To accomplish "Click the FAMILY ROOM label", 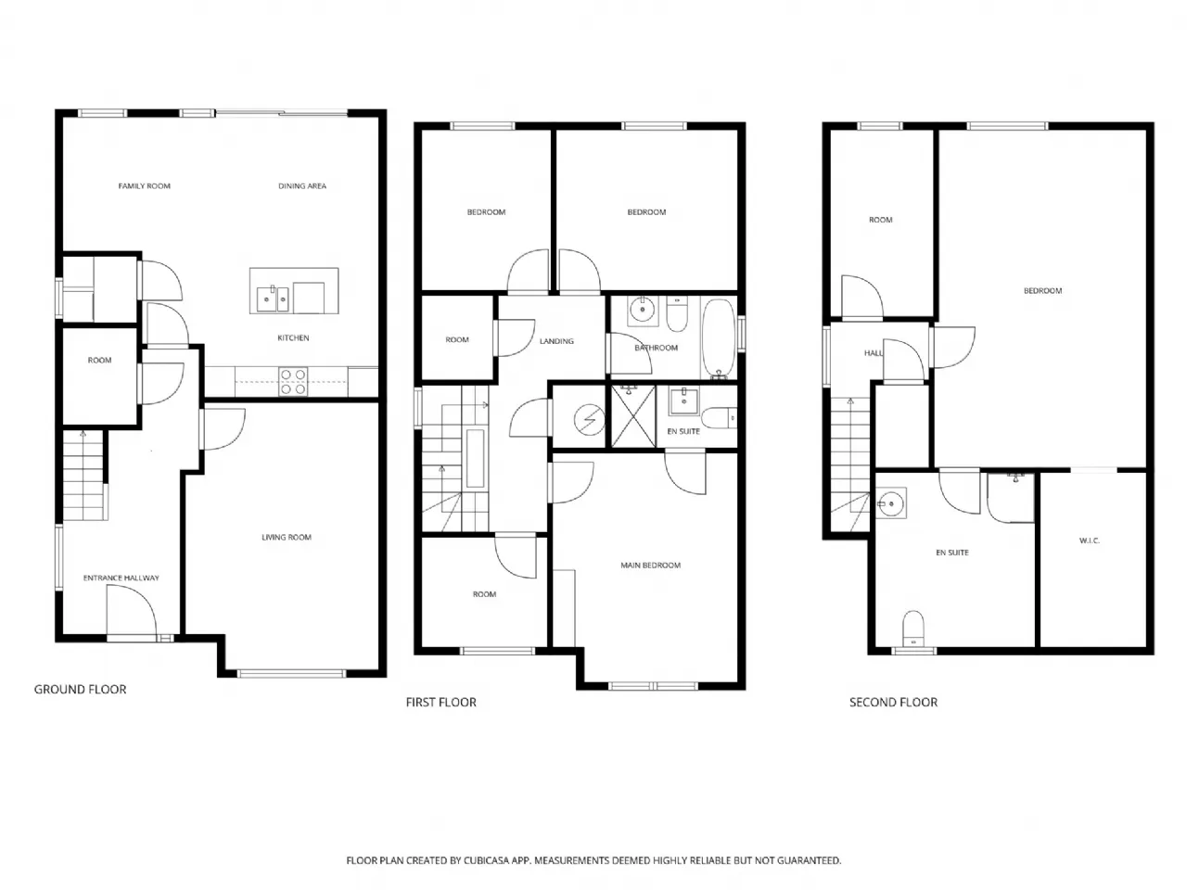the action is point(144,186).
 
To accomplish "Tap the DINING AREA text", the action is point(301,186).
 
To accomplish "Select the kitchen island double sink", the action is point(273,299).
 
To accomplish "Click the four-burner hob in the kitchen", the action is point(292,381).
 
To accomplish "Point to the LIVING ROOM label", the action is point(286,537).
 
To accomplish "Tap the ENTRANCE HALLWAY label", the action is point(121,578).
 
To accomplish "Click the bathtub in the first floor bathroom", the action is point(718,339).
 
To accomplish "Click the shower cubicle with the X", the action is point(633,416).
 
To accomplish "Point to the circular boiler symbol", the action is point(590,419).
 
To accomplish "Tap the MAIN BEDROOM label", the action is point(650,566).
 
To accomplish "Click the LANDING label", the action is point(556,341).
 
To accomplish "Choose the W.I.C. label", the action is point(1089,540).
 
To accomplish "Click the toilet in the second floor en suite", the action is point(913,628).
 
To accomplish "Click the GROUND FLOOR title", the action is point(80,689).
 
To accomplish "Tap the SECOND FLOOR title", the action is point(893,702).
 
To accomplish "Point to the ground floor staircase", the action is point(84,475).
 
